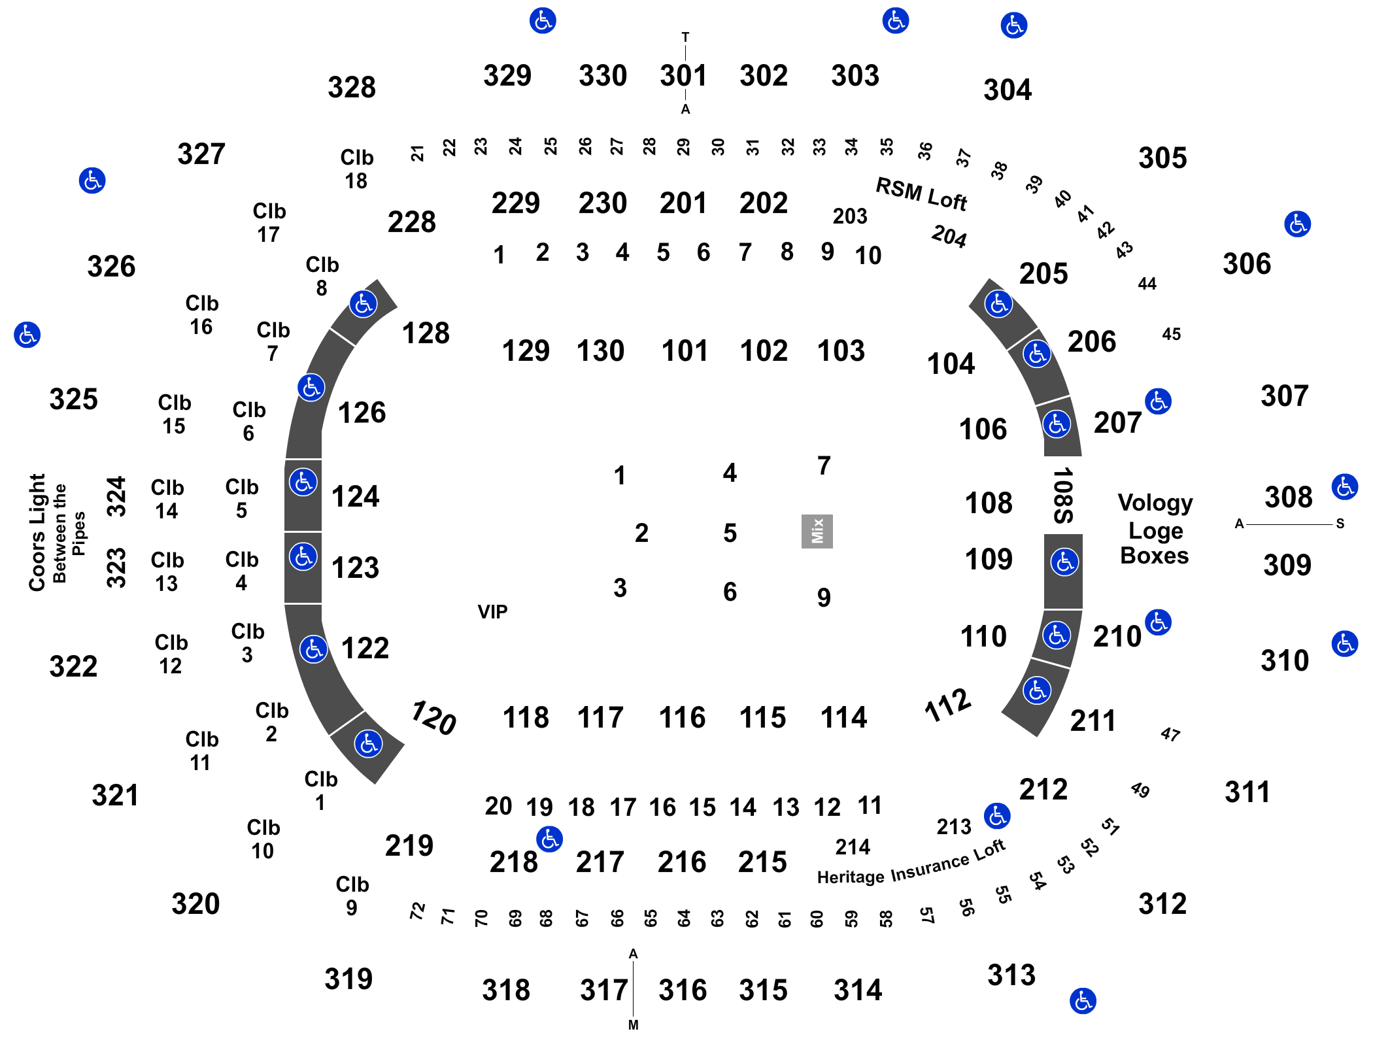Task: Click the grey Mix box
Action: click(x=817, y=531)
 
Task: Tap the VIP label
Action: click(x=492, y=612)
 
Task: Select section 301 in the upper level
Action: click(x=683, y=75)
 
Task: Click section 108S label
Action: click(x=1063, y=495)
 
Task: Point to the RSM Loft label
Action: click(x=921, y=194)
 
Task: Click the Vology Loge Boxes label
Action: click(x=1155, y=529)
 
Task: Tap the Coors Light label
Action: click(x=37, y=533)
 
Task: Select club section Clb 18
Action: click(x=356, y=169)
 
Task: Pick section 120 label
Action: click(x=433, y=717)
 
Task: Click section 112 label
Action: click(x=947, y=705)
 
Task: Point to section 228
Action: click(x=411, y=222)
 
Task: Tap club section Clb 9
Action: click(x=352, y=896)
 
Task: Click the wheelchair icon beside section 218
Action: click(x=549, y=839)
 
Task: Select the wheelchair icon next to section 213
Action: click(x=997, y=815)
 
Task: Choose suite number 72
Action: click(x=417, y=911)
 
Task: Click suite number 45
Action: click(x=1172, y=334)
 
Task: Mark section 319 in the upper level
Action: click(x=348, y=979)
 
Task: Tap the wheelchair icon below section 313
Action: click(x=1083, y=1001)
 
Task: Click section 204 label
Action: click(x=949, y=236)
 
